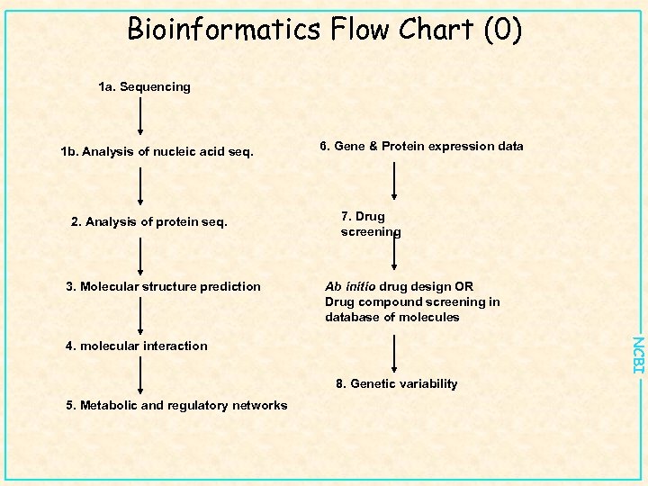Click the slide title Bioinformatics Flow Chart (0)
pyautogui.click(x=324, y=30)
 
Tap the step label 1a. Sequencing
pyautogui.click(x=144, y=87)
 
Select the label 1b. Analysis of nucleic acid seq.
pyautogui.click(x=157, y=151)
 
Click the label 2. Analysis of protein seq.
pyautogui.click(x=149, y=220)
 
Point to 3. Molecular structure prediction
pyautogui.click(x=163, y=286)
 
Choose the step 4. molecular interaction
pyautogui.click(x=136, y=346)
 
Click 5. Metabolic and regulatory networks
pyautogui.click(x=176, y=405)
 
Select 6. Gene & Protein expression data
pyautogui.click(x=421, y=146)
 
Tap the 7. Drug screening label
pyautogui.click(x=370, y=224)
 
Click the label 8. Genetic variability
pyautogui.click(x=397, y=383)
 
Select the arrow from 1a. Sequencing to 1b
pyautogui.click(x=140, y=117)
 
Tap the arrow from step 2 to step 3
pyautogui.click(x=140, y=254)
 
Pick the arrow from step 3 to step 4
pyautogui.click(x=140, y=316)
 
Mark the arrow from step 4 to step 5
pyautogui.click(x=140, y=375)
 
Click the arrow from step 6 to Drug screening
pyautogui.click(x=394, y=180)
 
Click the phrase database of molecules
pyautogui.click(x=392, y=317)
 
